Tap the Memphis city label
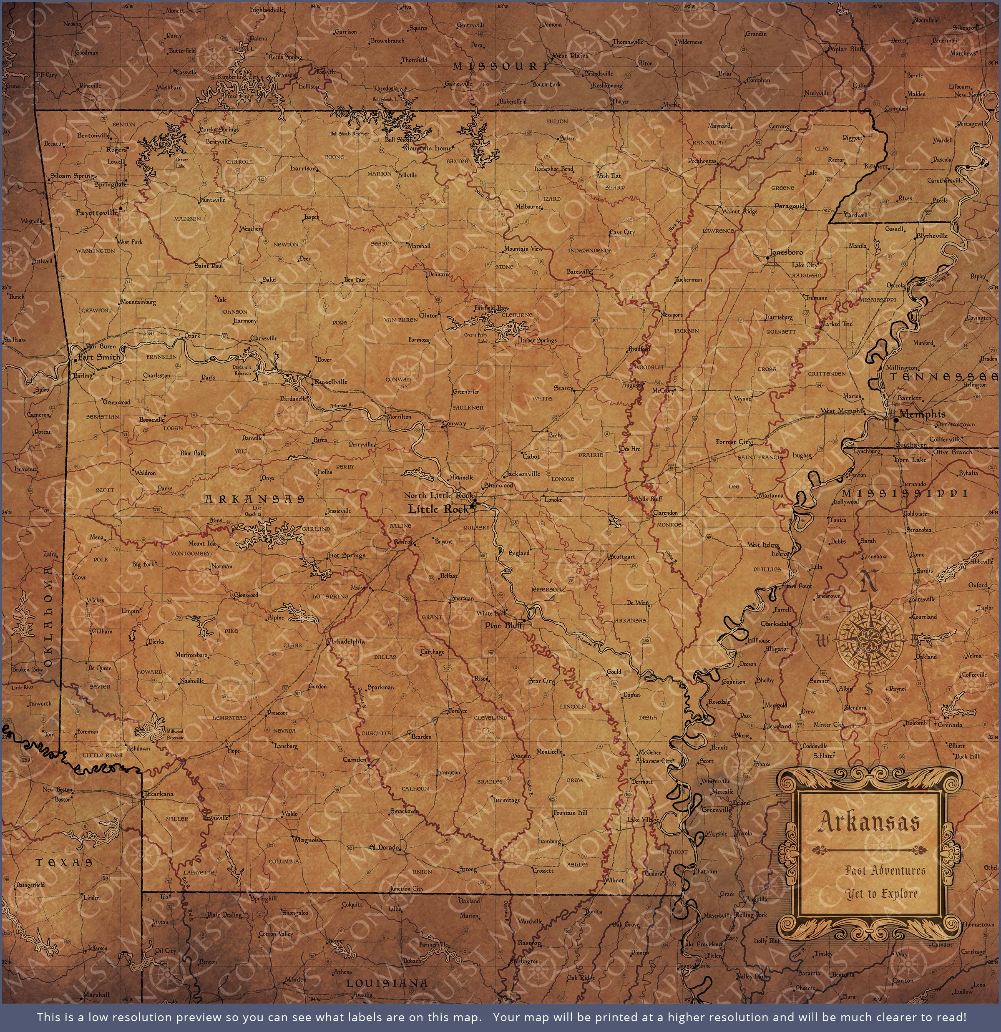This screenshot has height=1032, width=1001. pyautogui.click(x=922, y=414)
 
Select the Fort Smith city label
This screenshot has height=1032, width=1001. pyautogui.click(x=98, y=357)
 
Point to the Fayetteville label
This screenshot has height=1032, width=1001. pyautogui.click(x=96, y=213)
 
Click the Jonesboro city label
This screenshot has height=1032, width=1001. pyautogui.click(x=786, y=252)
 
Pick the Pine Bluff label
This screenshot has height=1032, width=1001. pyautogui.click(x=503, y=626)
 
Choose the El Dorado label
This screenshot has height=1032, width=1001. pyautogui.click(x=385, y=847)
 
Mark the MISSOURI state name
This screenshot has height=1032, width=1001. pyautogui.click(x=500, y=66)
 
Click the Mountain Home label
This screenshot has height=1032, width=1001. pyautogui.click(x=427, y=149)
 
